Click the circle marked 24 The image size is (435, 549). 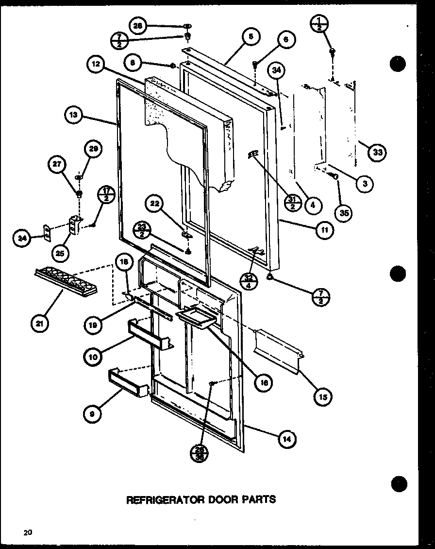(x=22, y=238)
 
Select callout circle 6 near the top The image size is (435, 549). (x=286, y=40)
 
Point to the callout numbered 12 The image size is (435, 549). (x=96, y=65)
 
